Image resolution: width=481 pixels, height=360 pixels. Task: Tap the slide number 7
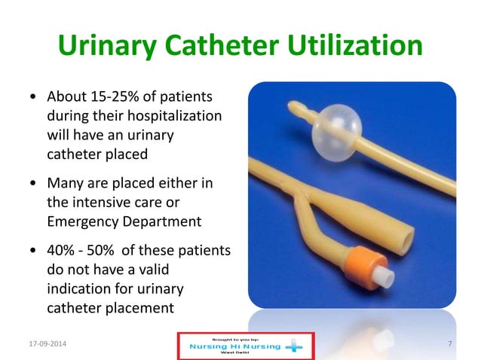449,344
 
